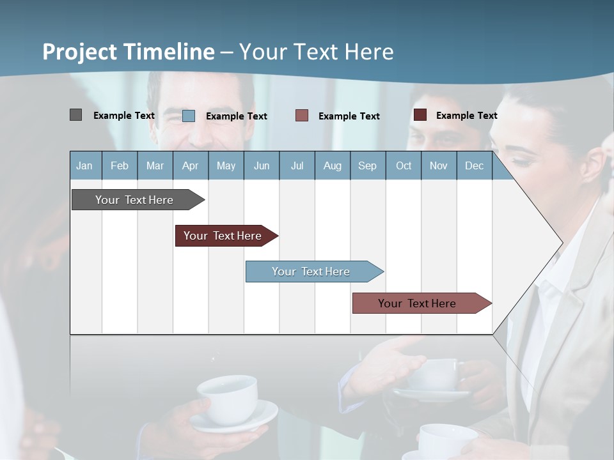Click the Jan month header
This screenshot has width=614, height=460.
[84, 165]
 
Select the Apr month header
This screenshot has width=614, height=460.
[190, 165]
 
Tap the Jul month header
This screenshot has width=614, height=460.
[297, 165]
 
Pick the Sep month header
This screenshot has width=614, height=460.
[367, 165]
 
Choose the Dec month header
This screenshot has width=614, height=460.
[474, 165]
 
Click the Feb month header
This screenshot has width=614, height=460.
[120, 165]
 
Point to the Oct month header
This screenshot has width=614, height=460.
[404, 165]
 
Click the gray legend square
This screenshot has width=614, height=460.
[75, 115]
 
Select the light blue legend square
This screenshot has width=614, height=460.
[189, 116]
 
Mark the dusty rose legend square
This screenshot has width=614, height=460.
[302, 116]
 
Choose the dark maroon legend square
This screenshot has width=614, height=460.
[420, 115]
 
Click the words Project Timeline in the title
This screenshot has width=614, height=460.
[128, 52]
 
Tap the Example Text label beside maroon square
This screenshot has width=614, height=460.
[466, 116]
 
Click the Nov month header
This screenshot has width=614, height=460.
[439, 165]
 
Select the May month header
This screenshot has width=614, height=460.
[226, 165]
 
